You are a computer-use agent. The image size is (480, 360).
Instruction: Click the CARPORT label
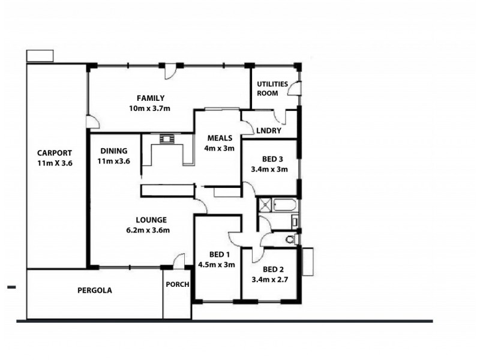tap(54, 152)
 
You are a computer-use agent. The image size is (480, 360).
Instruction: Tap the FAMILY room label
tap(150, 98)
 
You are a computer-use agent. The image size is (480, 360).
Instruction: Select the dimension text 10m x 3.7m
tap(150, 109)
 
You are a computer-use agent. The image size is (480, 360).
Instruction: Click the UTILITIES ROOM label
tap(272, 88)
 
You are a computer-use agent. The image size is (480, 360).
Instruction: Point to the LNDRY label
tap(268, 130)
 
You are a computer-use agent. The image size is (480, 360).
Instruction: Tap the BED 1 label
tap(216, 254)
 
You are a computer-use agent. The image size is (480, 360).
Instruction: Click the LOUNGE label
tap(151, 220)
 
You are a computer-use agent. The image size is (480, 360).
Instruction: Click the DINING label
tap(113, 151)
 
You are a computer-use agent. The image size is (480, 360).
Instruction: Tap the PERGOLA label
tap(95, 290)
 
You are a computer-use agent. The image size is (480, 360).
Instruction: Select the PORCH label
tap(178, 284)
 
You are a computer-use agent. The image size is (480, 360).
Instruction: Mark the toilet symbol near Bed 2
tap(290, 239)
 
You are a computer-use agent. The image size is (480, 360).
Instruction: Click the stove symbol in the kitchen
tap(166, 139)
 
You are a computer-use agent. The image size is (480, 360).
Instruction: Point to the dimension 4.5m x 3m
tap(216, 264)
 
